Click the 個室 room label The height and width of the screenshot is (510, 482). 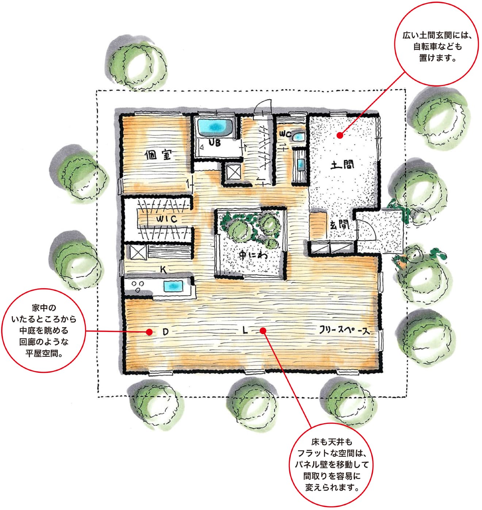(x=158, y=155)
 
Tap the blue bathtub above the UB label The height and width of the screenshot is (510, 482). (x=215, y=127)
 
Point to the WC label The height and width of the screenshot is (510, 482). (x=285, y=134)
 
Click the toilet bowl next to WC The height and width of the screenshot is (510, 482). (x=298, y=137)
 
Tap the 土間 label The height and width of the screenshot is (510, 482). (x=342, y=165)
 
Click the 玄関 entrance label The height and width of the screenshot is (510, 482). (x=339, y=225)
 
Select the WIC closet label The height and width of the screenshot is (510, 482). (x=167, y=219)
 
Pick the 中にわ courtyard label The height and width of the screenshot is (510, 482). (x=253, y=255)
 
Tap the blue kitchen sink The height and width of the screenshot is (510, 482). (x=173, y=286)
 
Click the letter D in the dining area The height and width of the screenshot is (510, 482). (x=165, y=332)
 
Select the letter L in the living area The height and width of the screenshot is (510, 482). (x=245, y=330)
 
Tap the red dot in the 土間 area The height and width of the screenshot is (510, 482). (x=340, y=135)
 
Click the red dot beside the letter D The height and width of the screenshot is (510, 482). (x=149, y=332)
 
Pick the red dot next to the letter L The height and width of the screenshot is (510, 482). (x=263, y=331)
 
